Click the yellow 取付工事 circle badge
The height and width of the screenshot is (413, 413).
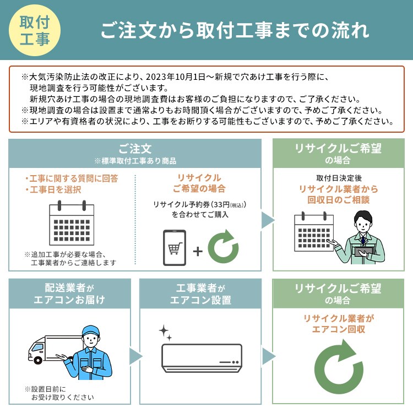[35, 30]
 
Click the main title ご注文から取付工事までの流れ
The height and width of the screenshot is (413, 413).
[235, 30]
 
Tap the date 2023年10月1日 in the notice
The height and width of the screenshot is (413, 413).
[176, 77]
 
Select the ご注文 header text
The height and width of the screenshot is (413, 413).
[135, 149]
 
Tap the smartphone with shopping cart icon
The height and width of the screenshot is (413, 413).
[175, 248]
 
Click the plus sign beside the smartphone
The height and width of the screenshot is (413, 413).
[198, 251]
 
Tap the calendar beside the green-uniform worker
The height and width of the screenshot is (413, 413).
[314, 231]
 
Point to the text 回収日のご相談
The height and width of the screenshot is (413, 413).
[339, 200]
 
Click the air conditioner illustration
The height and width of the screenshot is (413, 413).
[202, 358]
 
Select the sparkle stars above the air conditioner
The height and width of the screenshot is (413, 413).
[165, 333]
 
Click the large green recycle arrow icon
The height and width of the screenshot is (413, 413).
[339, 367]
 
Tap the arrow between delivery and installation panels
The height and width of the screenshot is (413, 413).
[135, 356]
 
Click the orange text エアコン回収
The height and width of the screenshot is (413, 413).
[339, 329]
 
